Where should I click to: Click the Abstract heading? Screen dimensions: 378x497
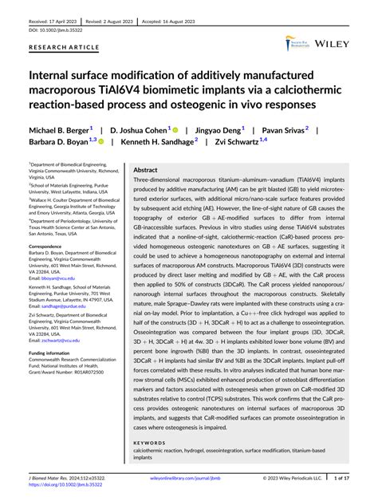pyautogui.click(x=145, y=170)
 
